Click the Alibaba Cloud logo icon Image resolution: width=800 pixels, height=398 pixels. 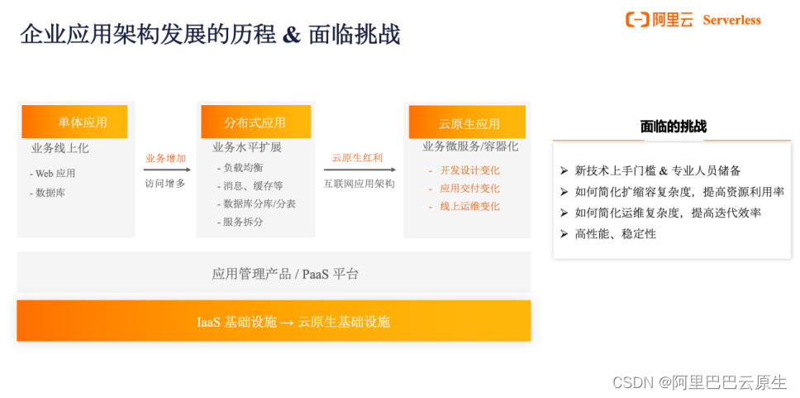pos(638,20)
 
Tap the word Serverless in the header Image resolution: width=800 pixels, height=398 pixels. pos(731,20)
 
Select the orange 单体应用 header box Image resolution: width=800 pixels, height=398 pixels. pos(75,122)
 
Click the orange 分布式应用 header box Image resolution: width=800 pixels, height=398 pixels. pos(255,122)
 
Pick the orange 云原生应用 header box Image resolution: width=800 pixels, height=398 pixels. pos(469,123)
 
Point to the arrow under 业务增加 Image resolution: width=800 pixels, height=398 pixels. pos(166,170)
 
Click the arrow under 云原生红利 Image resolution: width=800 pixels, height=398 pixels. pos(359,170)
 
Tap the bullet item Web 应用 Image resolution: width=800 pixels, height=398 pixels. pos(54,174)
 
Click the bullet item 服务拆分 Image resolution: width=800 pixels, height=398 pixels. pos(242,222)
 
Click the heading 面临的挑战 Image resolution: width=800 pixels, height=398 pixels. pos(673,127)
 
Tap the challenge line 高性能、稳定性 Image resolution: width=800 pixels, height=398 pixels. pos(616,234)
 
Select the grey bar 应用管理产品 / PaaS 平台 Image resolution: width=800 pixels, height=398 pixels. pos(285,274)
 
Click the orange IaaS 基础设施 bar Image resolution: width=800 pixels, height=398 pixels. pos(274,321)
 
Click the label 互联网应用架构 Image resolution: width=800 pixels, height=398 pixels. pos(359,183)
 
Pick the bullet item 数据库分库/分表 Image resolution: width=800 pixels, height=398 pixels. pos(257,204)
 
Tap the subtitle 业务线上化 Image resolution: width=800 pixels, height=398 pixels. pos(60,148)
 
